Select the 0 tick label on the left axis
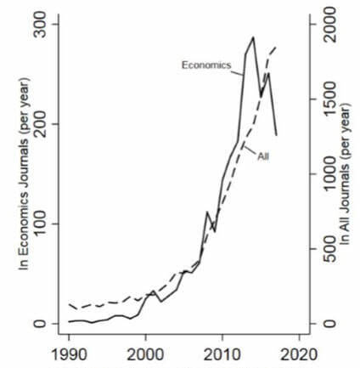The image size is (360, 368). (x=48, y=324)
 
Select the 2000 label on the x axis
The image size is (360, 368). (x=145, y=353)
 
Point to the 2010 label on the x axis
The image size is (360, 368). (x=222, y=353)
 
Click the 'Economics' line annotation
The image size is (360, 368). (x=205, y=65)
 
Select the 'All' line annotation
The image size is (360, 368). (x=263, y=156)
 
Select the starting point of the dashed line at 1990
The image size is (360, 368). (x=69, y=303)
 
